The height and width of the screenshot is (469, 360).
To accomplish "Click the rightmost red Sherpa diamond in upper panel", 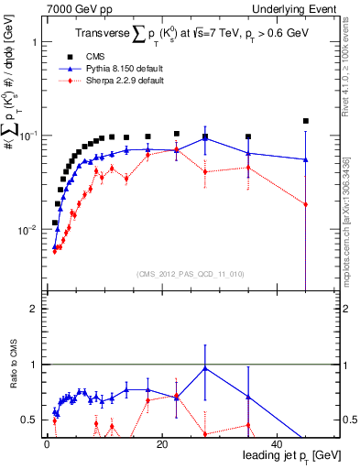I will click(x=306, y=204).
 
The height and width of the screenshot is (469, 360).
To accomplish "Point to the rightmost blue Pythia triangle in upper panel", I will click(x=306, y=159).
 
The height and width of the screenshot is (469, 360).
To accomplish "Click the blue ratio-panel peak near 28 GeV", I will click(x=205, y=368).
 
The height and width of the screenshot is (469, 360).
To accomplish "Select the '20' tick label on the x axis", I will click(x=161, y=444).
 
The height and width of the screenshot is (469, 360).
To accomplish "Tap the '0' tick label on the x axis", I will click(x=47, y=444).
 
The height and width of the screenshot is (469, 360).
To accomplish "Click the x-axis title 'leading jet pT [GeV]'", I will click(x=286, y=456).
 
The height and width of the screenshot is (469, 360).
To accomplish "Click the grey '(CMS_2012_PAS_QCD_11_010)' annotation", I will click(x=178, y=273).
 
